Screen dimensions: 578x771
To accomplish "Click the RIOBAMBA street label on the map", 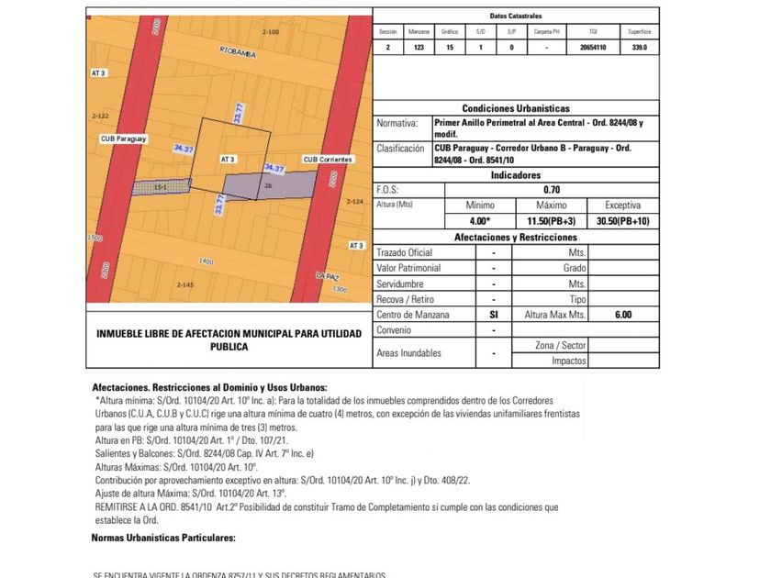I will tap(237, 55).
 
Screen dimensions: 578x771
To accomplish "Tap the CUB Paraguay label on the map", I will tap(124, 139).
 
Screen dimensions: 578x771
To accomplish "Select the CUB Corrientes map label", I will tap(328, 159).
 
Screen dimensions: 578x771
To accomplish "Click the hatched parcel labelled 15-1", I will tap(160, 187).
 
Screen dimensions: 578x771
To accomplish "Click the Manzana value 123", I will tap(419, 47).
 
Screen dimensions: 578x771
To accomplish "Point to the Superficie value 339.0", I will tap(640, 47).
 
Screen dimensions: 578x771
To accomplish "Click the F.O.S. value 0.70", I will tap(553, 190).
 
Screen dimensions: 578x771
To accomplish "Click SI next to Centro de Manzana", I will tap(494, 314).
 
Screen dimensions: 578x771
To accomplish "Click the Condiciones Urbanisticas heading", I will tap(516, 108).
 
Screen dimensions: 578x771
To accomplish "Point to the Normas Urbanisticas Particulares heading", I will tap(163, 538).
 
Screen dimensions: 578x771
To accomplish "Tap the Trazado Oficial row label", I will tap(404, 252).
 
